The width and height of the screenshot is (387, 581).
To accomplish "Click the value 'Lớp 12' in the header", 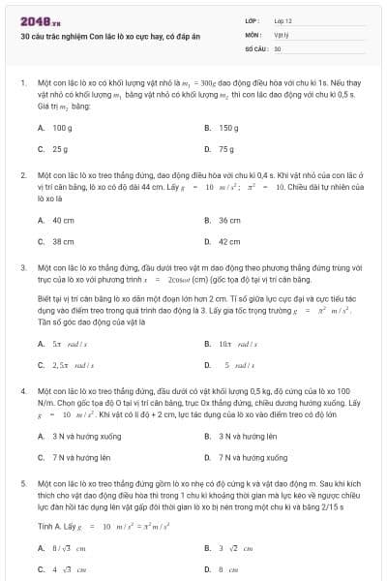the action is click(x=283, y=19).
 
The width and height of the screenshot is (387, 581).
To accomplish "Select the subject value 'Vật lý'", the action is click(x=281, y=33).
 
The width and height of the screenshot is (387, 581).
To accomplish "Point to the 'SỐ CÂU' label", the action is click(x=255, y=47).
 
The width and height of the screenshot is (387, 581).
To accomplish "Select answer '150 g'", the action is click(x=228, y=128).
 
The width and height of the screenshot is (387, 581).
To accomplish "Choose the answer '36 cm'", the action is click(x=229, y=220).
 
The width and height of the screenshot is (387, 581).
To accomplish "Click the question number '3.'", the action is click(x=22, y=265).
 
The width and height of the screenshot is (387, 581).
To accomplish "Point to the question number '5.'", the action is click(x=22, y=481).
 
